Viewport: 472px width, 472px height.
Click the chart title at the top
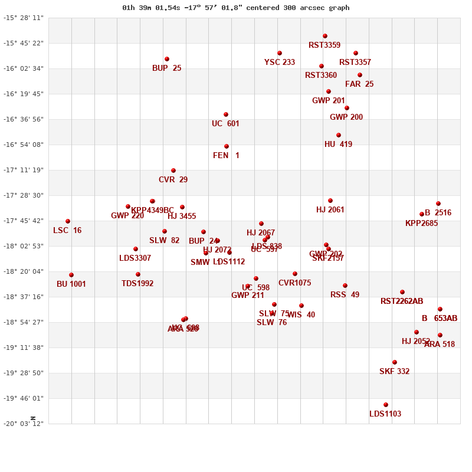pyautogui.click(x=236, y=8)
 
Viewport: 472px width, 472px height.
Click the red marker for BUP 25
pyautogui.click(x=167, y=59)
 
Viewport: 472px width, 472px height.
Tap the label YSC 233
pyautogui.click(x=280, y=63)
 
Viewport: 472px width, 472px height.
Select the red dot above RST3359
pyautogui.click(x=325, y=36)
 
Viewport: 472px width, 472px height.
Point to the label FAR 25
pyautogui.click(x=359, y=84)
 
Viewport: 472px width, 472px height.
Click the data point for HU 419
pyautogui.click(x=339, y=135)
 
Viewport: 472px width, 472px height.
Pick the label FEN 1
pyautogui.click(x=226, y=156)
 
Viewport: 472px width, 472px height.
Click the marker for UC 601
pyautogui.click(x=226, y=114)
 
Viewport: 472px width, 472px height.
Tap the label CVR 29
pyautogui.click(x=173, y=180)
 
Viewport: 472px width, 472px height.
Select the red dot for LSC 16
pyautogui.click(x=68, y=221)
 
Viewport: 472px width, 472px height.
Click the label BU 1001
pyautogui.click(x=71, y=284)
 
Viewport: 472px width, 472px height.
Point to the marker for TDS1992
pyautogui.click(x=138, y=274)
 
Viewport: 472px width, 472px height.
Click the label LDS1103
pyautogui.click(x=385, y=414)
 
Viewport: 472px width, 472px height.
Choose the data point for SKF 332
pyautogui.click(x=395, y=362)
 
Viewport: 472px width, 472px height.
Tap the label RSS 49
pyautogui.click(x=345, y=295)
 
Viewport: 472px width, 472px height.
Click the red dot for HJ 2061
pyautogui.click(x=330, y=201)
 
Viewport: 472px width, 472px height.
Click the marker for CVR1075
pyautogui.click(x=295, y=274)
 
